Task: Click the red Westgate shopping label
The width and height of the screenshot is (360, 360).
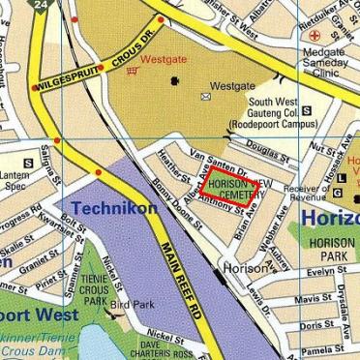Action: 163,59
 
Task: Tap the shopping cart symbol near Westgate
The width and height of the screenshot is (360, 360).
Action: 132,60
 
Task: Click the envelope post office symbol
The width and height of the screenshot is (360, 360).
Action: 205,97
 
